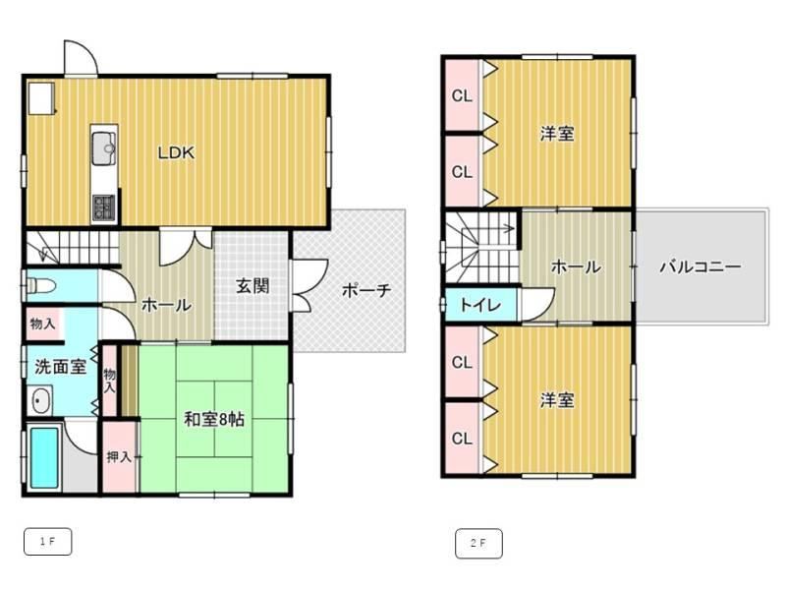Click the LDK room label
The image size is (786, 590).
click(x=176, y=152)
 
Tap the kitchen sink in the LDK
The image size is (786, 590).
click(x=104, y=147)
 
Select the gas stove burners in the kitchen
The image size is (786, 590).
click(x=104, y=206)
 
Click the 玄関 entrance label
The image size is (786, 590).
click(x=253, y=286)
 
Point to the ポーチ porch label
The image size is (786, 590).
click(x=365, y=290)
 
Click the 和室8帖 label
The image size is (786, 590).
click(x=214, y=419)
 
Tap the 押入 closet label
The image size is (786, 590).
click(x=119, y=457)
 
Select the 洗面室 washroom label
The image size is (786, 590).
click(x=60, y=367)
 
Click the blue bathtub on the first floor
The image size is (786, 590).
click(x=44, y=457)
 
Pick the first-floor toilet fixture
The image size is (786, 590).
click(x=40, y=287)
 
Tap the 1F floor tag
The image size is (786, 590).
click(x=47, y=542)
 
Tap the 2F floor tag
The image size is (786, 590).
click(x=478, y=543)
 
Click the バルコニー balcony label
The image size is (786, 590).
click(x=700, y=265)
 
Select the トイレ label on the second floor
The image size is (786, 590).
click(x=480, y=305)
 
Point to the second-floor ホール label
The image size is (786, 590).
click(x=576, y=266)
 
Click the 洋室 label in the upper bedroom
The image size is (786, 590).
click(x=557, y=134)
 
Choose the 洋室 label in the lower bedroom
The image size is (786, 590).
click(x=557, y=400)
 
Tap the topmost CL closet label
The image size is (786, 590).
click(x=462, y=95)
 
